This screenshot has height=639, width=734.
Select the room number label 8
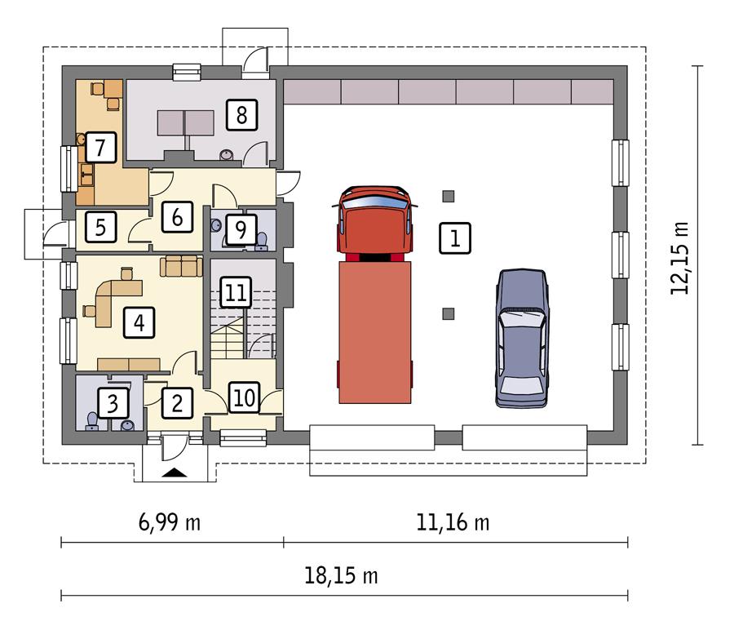pyautogui.click(x=241, y=114)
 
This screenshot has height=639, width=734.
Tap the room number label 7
pyautogui.click(x=100, y=148)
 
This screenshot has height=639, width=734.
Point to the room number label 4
pyautogui.click(x=139, y=323)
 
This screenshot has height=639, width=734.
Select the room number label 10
pyautogui.click(x=244, y=397)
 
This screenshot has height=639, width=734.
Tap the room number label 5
pyautogui.click(x=100, y=226)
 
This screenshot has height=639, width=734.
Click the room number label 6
pyautogui.click(x=176, y=216)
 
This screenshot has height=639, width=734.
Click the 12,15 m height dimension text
pyautogui.click(x=679, y=256)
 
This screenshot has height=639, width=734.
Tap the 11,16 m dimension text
pyautogui.click(x=456, y=521)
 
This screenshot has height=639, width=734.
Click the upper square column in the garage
pyautogui.click(x=448, y=196)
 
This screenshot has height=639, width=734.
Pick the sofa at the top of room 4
pyautogui.click(x=181, y=265)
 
